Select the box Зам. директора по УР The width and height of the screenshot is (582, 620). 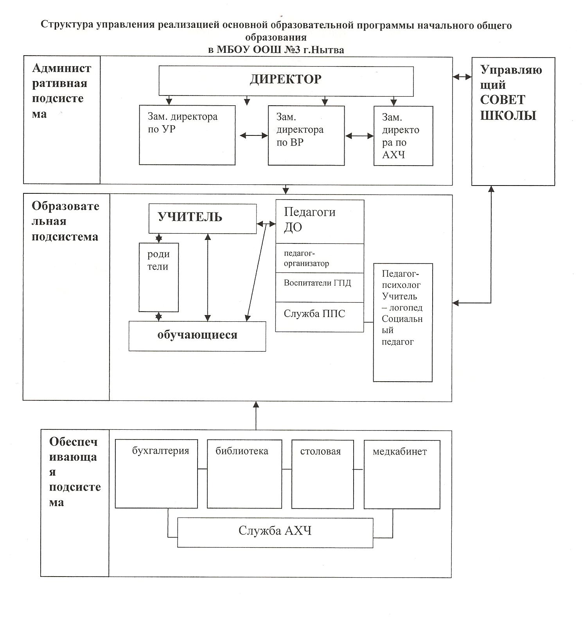point(187,135)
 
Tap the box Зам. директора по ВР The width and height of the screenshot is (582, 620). point(306,135)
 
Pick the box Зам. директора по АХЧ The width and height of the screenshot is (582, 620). point(403,136)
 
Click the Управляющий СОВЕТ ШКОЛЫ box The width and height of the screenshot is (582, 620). point(513,121)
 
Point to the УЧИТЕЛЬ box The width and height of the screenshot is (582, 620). point(203,218)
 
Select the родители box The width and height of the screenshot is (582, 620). point(159,277)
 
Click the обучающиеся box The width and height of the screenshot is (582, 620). point(197,336)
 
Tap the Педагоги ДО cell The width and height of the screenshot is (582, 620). point(320,222)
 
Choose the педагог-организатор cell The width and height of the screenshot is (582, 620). point(320,258)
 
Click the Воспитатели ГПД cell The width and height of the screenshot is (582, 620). point(320,288)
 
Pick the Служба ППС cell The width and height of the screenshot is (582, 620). point(320,317)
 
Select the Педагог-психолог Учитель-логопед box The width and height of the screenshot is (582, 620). point(403,323)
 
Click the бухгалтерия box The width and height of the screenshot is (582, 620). point(156,474)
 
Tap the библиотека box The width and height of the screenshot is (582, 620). point(244,474)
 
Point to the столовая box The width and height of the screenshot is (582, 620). point(323,474)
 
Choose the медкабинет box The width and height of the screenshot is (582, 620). point(402,474)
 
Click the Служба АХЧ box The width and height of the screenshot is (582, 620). point(275,533)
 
